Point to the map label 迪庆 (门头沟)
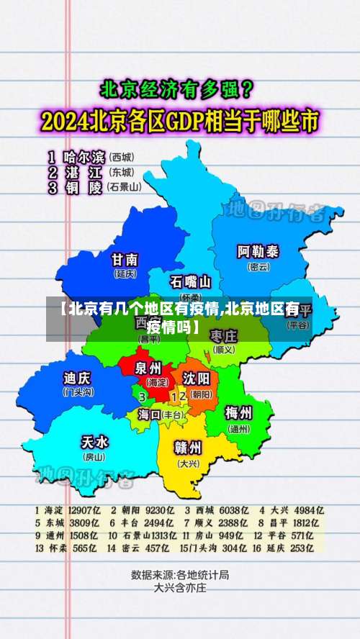point(78,382)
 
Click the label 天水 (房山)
point(94,445)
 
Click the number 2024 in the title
point(67,122)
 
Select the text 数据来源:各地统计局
point(180,575)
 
